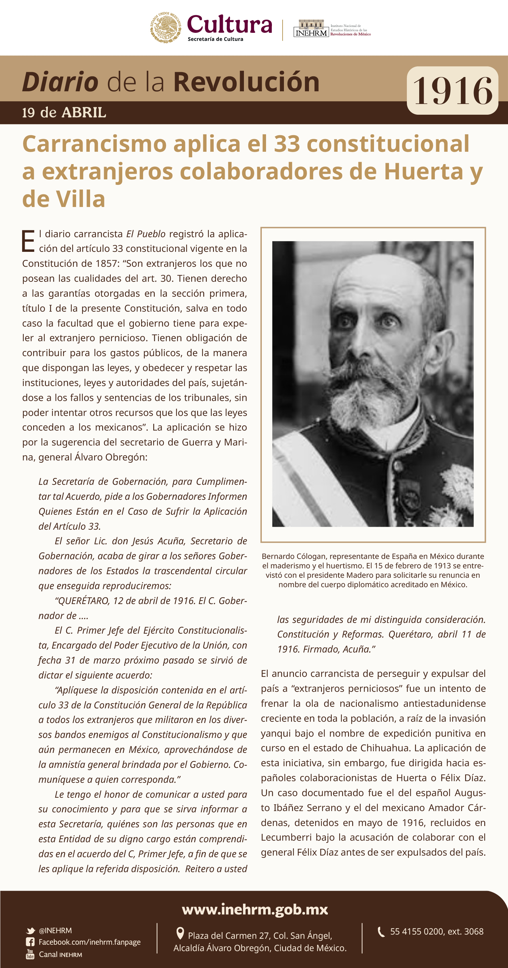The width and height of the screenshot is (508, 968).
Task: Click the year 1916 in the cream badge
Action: click(452, 91)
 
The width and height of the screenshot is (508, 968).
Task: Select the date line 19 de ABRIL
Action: click(64, 112)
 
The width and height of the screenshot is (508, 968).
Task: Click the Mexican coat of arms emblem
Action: click(166, 27)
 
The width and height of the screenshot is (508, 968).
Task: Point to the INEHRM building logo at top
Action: click(311, 29)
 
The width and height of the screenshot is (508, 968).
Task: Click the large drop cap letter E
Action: click(28, 241)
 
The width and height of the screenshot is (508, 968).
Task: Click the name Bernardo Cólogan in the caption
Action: click(293, 556)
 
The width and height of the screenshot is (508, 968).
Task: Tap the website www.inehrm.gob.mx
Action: click(255, 910)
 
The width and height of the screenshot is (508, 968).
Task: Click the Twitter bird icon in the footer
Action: click(31, 930)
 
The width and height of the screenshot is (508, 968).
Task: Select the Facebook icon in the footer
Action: click(30, 942)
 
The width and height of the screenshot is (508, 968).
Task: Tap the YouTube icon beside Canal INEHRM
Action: click(30, 954)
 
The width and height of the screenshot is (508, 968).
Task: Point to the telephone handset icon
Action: click(381, 932)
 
